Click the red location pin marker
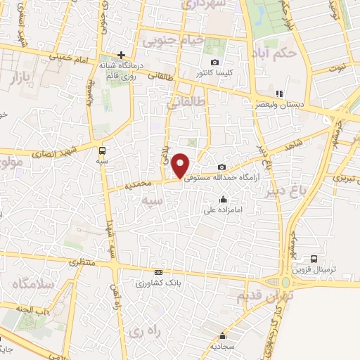tap(181, 165)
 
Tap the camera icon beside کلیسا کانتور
tap(214, 62)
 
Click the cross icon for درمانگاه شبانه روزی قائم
tap(121, 54)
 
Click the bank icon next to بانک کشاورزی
tap(158, 273)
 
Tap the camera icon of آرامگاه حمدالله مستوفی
tap(222, 167)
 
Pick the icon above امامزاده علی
tap(223, 199)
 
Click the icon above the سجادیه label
tap(222, 335)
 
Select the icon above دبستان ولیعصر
tap(278, 93)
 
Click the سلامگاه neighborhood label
tap(29, 285)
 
